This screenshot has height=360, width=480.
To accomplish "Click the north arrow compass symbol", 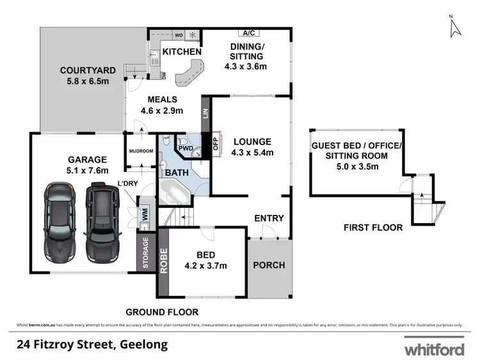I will pos(454,26).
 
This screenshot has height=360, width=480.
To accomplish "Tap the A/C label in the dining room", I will pos(248,33).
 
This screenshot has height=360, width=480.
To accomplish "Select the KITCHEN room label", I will pos(182,52).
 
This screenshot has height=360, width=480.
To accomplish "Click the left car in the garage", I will pos(61,223).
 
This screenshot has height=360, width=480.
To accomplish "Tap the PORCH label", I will pos(269,265).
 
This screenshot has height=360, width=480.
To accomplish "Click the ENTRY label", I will pos(269,218).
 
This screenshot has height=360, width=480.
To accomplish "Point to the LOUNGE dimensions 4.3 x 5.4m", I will pos(252,152).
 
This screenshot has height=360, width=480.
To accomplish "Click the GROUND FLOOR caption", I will pos(161,312).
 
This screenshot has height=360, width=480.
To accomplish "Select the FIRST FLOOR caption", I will pos(373,227).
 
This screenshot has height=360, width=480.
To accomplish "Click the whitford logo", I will pos(433,348).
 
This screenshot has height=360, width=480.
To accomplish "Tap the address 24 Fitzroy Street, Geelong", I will pos(92,345).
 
